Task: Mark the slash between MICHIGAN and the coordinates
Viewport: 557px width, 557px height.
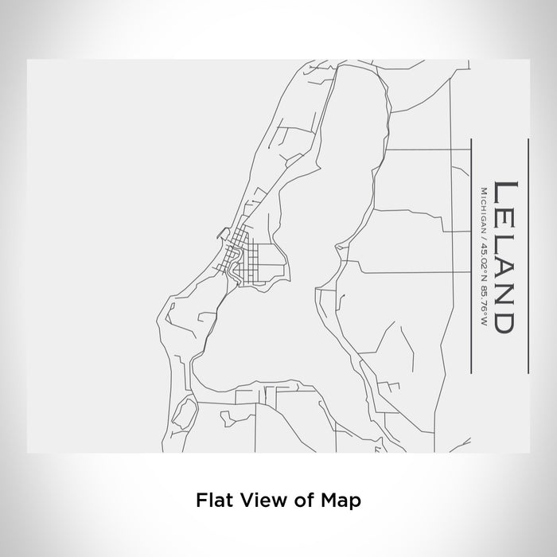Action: point(484,234)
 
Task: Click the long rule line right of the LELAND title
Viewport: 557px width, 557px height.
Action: point(528,256)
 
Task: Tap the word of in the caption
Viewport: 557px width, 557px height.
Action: point(306,501)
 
